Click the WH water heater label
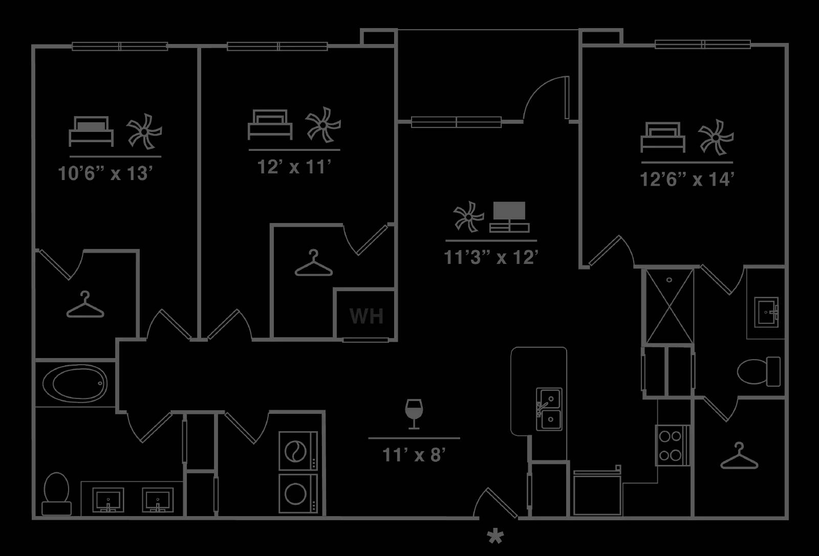point(367,316)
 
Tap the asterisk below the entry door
point(495,537)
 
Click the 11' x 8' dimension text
point(414,455)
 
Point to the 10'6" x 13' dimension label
point(105,173)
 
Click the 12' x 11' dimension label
point(294,167)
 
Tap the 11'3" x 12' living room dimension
point(491,258)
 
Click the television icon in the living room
point(509,217)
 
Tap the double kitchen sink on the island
point(549,409)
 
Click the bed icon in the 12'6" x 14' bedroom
point(662,138)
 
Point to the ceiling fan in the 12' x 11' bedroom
point(323,125)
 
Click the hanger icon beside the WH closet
point(314,263)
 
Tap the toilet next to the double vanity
point(56,494)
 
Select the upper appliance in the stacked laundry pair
point(298,451)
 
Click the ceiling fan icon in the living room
point(469,217)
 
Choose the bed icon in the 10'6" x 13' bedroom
point(91,131)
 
